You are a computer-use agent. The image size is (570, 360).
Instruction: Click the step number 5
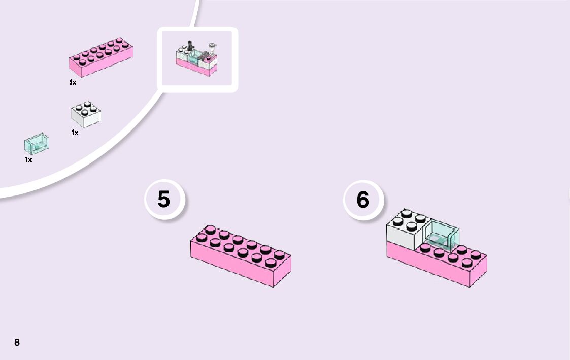[163, 199]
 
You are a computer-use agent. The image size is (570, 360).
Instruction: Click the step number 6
[363, 200]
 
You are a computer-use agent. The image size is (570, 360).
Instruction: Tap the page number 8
[17, 342]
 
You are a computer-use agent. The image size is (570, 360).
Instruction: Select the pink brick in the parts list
[101, 57]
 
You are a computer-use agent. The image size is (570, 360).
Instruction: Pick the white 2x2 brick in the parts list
[86, 115]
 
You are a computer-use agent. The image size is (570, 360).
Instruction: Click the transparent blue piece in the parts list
[36, 144]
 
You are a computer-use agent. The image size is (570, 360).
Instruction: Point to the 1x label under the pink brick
[73, 82]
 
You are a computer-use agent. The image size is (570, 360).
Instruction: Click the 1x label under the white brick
[75, 133]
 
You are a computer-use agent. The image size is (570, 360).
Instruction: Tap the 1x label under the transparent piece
[28, 160]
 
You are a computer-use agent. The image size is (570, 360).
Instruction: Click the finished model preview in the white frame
[197, 59]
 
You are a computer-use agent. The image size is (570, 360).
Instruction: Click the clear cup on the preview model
[212, 48]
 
